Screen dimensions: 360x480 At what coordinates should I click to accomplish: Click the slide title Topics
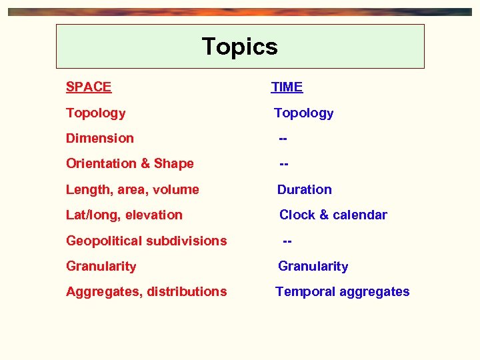click(239, 47)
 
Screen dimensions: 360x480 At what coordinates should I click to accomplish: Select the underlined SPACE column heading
click(89, 87)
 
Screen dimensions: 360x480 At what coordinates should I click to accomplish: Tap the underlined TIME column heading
click(287, 87)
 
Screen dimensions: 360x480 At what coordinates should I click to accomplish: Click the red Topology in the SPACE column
click(95, 113)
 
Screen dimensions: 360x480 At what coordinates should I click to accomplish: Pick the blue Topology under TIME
click(303, 113)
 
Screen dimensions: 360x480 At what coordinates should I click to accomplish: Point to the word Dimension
click(99, 139)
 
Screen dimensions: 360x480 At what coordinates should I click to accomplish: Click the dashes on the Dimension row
click(283, 139)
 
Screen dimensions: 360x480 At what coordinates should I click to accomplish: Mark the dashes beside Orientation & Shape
click(283, 164)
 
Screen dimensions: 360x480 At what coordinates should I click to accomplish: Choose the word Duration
click(304, 190)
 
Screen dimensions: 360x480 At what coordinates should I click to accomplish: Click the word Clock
click(297, 215)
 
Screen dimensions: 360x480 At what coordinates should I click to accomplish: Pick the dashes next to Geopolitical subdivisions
click(287, 241)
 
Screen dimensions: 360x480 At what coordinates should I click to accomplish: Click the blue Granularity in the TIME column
click(313, 267)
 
